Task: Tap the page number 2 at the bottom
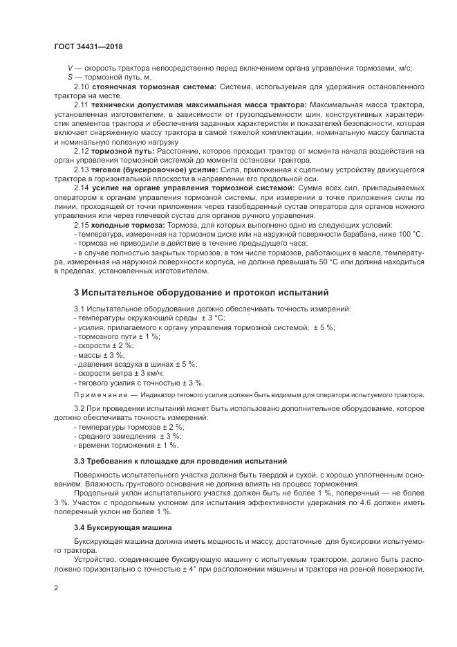(56, 587)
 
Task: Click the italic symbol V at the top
(70, 68)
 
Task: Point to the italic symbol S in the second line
(70, 77)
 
